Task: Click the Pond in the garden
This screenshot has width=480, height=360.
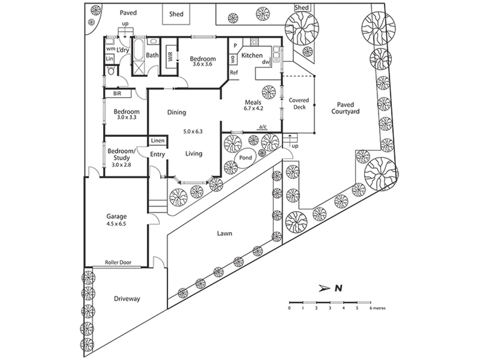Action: coord(246,158)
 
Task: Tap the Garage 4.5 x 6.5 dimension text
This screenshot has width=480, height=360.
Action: coord(116,224)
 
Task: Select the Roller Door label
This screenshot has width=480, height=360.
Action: coord(118,262)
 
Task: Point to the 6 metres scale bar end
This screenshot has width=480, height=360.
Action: coord(370,302)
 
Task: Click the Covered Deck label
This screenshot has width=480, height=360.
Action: coord(299,104)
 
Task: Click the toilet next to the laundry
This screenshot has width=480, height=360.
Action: coord(111,71)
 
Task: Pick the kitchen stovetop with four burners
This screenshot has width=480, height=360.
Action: coord(254,42)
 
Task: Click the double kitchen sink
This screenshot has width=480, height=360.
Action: coord(276,54)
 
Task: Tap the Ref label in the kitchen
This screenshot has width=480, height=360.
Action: coord(234,72)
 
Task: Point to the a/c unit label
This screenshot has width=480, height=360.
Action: coord(263,126)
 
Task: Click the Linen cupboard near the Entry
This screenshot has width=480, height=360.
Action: coord(158,141)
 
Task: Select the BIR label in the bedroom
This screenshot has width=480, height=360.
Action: coord(117,94)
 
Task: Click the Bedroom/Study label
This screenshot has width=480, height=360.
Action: coord(121,154)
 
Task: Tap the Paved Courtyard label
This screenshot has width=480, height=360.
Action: coord(345,108)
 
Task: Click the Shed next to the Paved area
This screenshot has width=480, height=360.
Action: coord(176,14)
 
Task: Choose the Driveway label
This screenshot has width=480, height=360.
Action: coord(127,299)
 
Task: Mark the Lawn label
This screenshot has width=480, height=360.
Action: coord(224,233)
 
